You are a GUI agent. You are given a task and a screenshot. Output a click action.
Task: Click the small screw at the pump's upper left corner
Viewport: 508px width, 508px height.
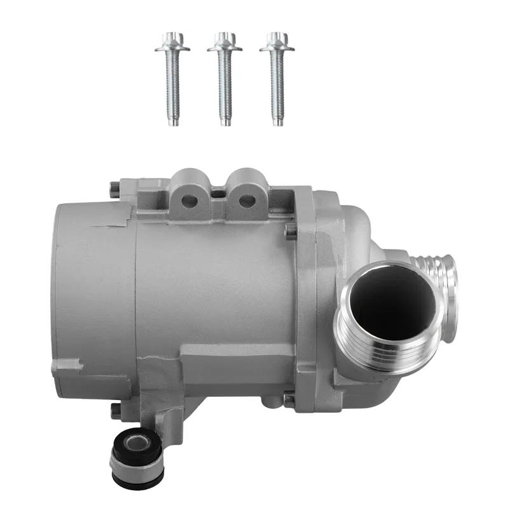(114, 189)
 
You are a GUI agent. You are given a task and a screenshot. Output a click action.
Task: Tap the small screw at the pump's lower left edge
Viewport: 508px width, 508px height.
(116, 410)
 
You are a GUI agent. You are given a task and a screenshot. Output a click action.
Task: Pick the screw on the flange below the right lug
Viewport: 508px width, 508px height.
(291, 231)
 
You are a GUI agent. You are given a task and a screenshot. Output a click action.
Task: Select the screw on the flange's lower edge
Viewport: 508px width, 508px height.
(290, 400)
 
